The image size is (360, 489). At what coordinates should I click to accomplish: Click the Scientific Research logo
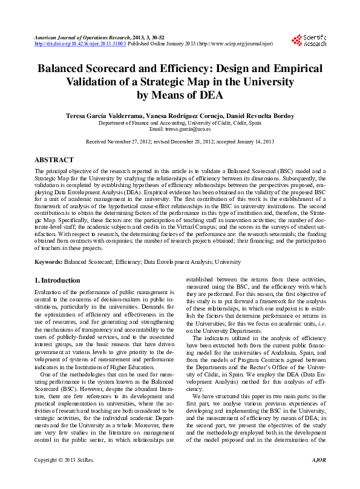point(309,41)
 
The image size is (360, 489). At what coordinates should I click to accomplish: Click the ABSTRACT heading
point(54,160)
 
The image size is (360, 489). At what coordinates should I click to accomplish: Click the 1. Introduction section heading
point(56,280)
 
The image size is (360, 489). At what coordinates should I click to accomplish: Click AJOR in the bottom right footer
point(318,478)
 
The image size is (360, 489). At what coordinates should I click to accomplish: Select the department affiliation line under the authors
point(180,122)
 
